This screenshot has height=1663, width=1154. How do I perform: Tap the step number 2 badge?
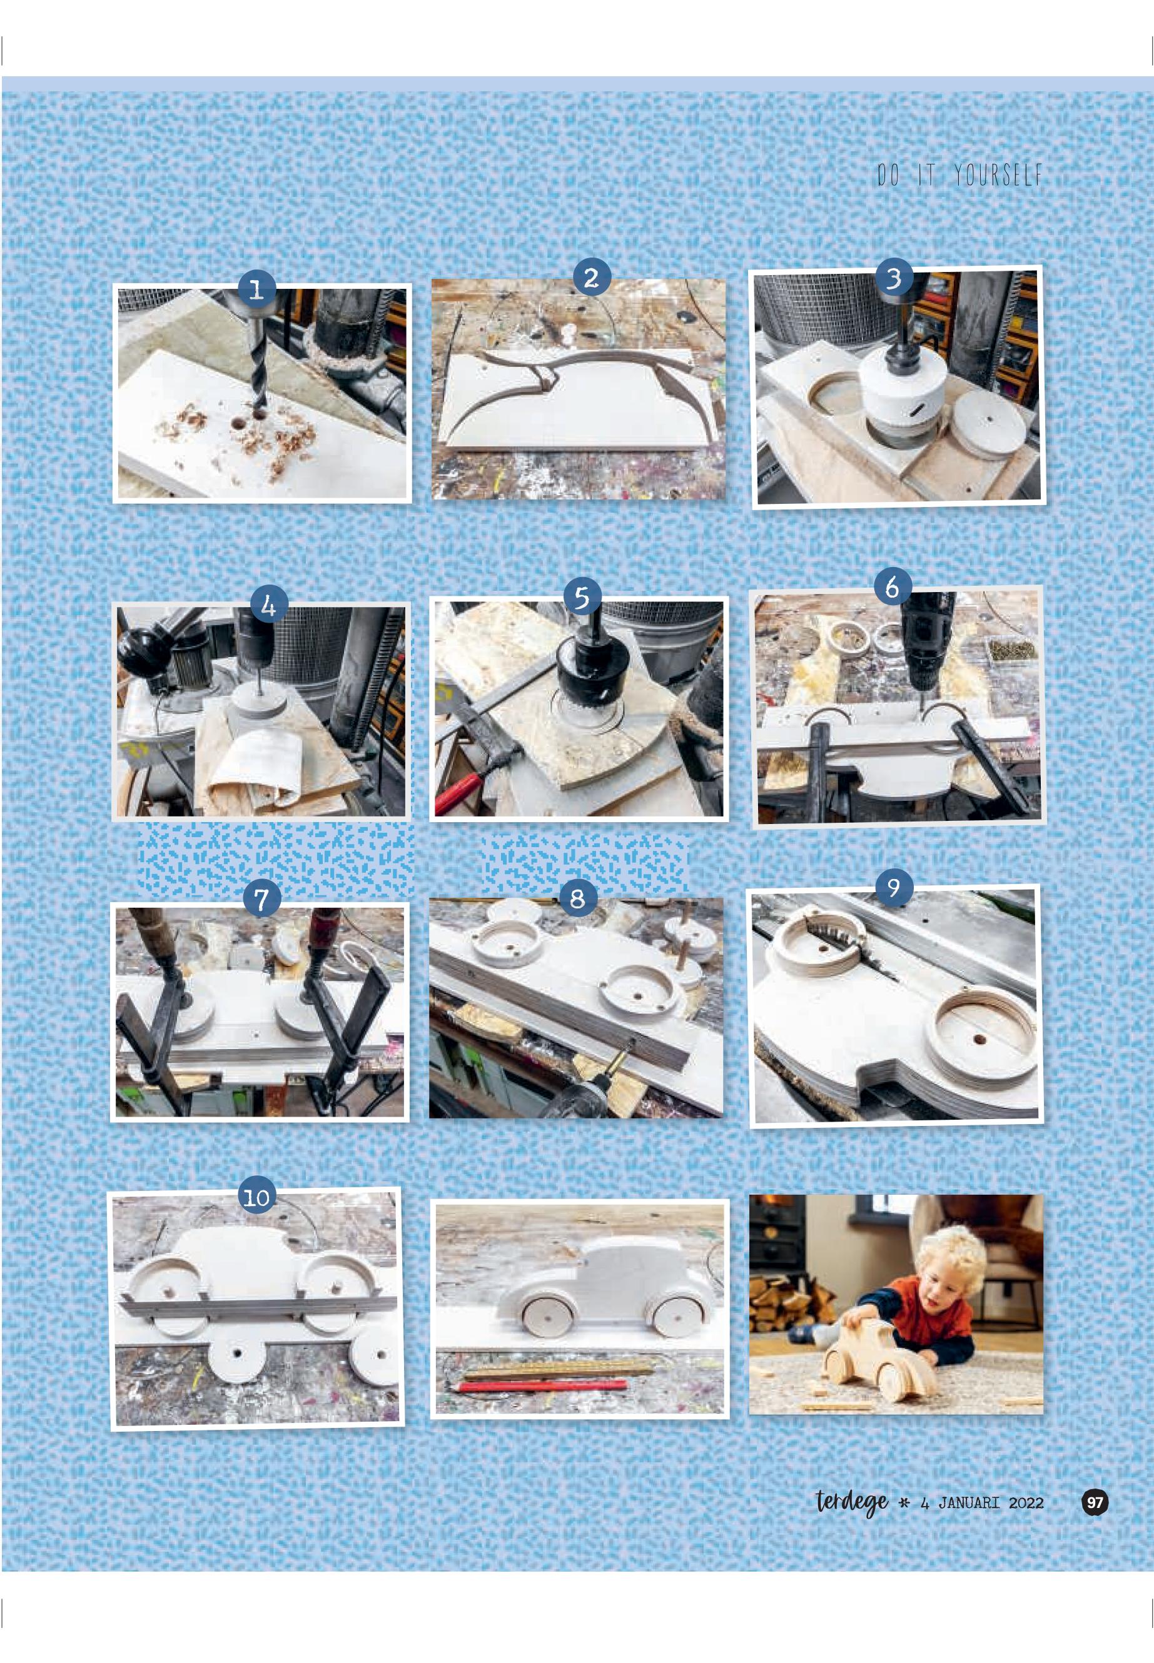pyautogui.click(x=592, y=277)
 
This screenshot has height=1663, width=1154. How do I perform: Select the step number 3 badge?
pyautogui.click(x=894, y=277)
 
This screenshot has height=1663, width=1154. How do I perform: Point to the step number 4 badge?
pyautogui.click(x=269, y=605)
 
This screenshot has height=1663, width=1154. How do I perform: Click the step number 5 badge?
pyautogui.click(x=582, y=597)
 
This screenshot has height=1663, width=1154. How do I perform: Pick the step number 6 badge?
pyautogui.click(x=893, y=586)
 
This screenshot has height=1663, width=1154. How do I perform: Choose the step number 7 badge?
pyautogui.click(x=261, y=898)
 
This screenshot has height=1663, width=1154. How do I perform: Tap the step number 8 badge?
pyautogui.click(x=578, y=898)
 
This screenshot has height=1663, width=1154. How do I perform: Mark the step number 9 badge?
pyautogui.click(x=894, y=886)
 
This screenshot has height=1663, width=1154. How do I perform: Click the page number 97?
pyautogui.click(x=1095, y=1502)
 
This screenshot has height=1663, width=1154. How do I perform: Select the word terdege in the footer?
pyautogui.click(x=852, y=1502)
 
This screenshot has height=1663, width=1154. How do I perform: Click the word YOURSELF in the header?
pyautogui.click(x=998, y=175)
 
